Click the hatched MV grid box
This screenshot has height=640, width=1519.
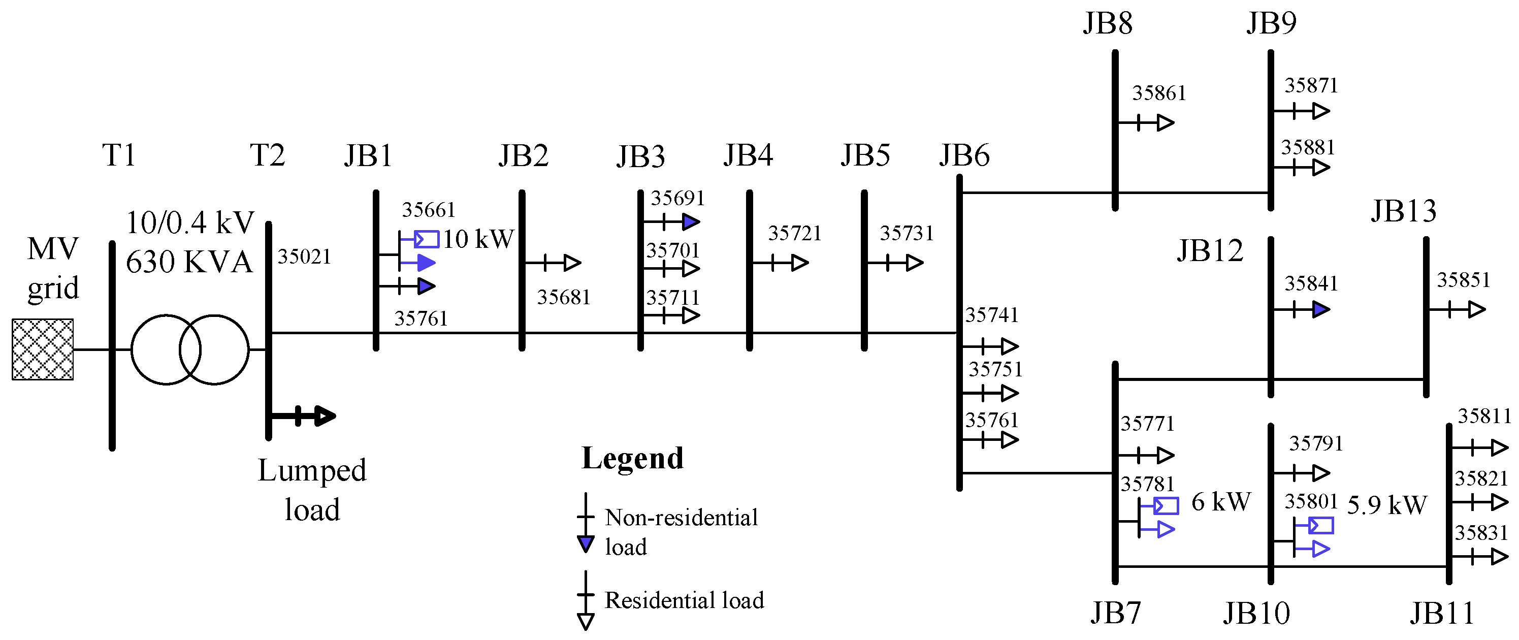[43, 349]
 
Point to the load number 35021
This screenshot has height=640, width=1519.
[304, 257]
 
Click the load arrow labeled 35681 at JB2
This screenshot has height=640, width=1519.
[571, 263]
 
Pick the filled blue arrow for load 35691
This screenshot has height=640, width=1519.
[691, 222]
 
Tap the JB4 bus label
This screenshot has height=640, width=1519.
[748, 155]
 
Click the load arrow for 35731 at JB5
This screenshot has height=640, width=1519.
[914, 263]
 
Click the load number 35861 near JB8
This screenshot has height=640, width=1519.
[1159, 93]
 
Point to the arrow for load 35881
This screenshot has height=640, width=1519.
[1320, 168]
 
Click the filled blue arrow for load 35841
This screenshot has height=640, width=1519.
[1321, 309]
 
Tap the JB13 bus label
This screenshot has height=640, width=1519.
[1403, 211]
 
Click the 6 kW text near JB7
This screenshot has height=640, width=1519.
[1220, 502]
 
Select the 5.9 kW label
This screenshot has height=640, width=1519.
[1387, 505]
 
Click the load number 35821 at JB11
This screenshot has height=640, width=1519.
[1481, 478]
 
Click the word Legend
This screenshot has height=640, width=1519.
[632, 458]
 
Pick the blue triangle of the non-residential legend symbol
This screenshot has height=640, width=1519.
[585, 544]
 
